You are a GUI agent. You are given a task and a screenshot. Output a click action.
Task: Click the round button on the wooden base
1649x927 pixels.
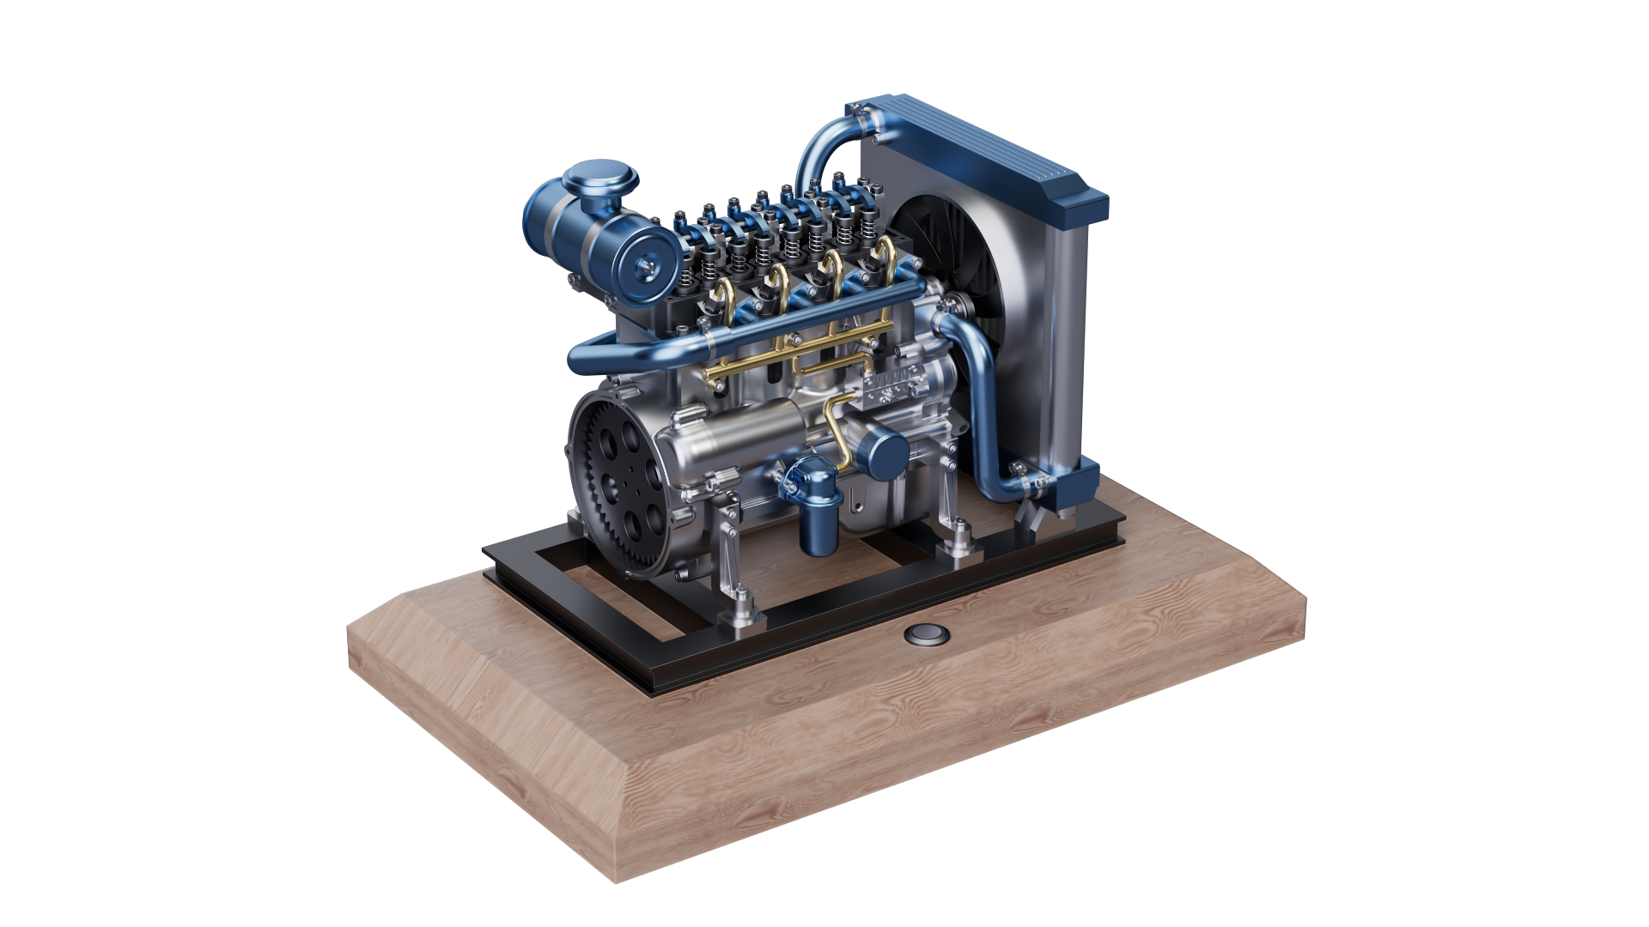pos(927,634)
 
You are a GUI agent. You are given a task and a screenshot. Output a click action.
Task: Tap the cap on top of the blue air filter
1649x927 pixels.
pos(600,181)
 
